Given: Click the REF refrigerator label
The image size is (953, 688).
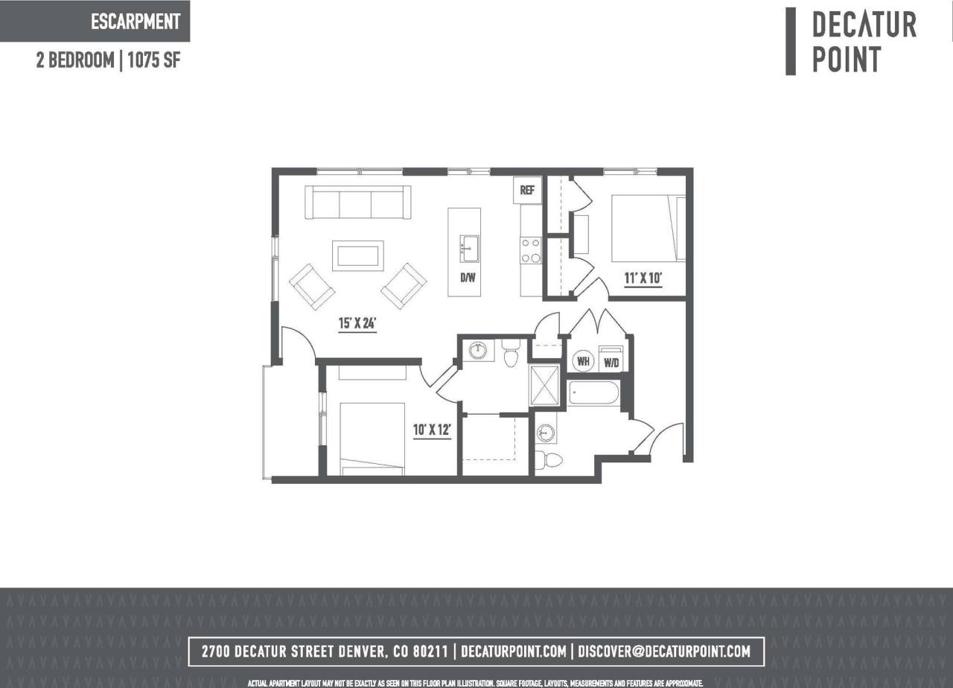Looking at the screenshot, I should tap(527, 191).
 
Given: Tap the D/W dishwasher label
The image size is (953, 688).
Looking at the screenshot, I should tap(468, 278).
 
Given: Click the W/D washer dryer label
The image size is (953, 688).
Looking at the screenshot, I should tap(612, 363).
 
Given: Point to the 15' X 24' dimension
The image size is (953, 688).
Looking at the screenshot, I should tap(358, 324).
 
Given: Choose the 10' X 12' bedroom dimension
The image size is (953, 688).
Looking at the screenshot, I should tap(433, 430).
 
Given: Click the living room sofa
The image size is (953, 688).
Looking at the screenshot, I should tap(358, 203).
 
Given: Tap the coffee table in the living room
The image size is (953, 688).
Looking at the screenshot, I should tap(358, 255).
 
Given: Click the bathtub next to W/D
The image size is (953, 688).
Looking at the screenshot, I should tap(593, 393).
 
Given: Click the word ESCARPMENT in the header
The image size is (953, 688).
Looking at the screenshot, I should tap(136, 22).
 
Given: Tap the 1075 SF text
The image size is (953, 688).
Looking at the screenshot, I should tap(154, 61).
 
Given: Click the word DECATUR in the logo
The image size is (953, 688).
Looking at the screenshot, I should tap(864, 25).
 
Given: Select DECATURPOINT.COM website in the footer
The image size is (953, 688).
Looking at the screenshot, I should tap(514, 652).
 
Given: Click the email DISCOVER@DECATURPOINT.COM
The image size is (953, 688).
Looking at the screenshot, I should tap(664, 652).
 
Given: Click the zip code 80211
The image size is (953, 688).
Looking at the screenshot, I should tap(427, 652).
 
